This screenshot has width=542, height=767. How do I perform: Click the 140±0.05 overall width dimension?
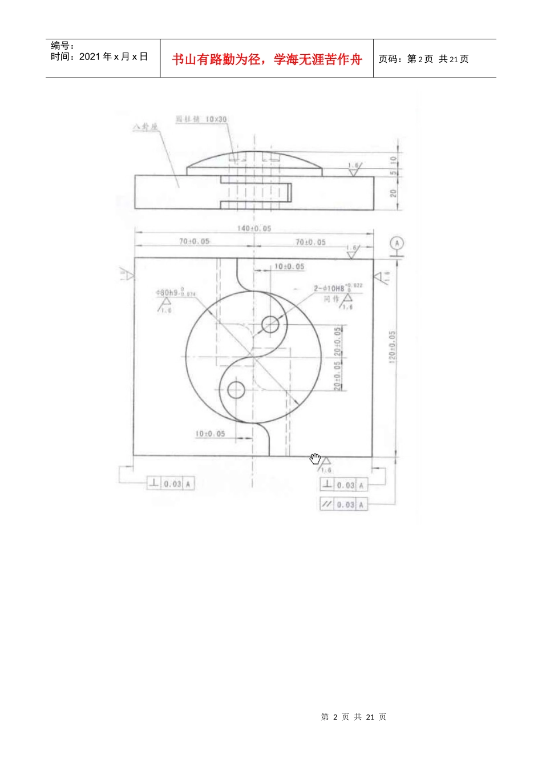[254, 228]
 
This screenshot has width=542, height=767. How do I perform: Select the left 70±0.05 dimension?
[194, 241]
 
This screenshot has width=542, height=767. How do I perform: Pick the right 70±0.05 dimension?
[310, 242]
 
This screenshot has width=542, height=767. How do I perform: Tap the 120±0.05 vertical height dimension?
[392, 346]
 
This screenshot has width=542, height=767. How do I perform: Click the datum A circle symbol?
[397, 243]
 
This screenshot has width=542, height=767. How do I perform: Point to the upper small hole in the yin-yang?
[270, 325]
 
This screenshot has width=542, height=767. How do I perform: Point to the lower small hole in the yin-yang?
[236, 390]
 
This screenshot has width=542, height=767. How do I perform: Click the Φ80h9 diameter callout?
[175, 293]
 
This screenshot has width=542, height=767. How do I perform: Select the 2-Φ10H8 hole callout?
[337, 288]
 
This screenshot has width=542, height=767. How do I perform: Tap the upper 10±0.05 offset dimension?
[289, 267]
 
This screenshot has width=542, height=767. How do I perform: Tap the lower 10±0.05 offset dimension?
[210, 434]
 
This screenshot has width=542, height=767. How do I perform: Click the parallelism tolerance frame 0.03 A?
[343, 504]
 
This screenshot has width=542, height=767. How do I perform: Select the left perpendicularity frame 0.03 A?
[171, 483]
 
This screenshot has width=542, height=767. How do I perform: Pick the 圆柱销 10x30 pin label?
[201, 119]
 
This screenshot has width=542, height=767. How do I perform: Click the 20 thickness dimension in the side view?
[393, 193]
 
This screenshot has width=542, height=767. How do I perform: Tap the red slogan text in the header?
[266, 59]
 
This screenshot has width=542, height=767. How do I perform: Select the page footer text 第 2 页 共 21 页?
[353, 717]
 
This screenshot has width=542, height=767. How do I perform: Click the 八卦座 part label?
[145, 126]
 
